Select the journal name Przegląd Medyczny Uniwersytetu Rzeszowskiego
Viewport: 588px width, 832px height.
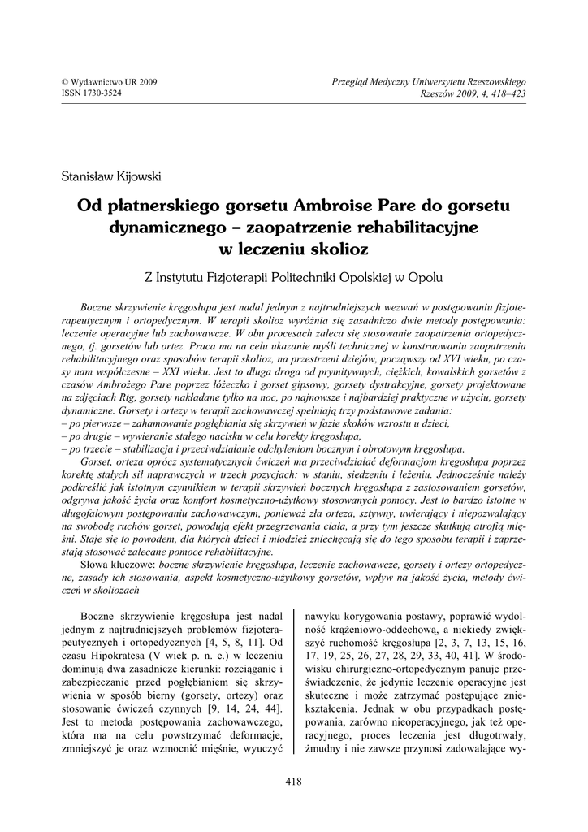click(x=430, y=83)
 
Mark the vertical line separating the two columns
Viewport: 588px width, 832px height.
click(x=294, y=682)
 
